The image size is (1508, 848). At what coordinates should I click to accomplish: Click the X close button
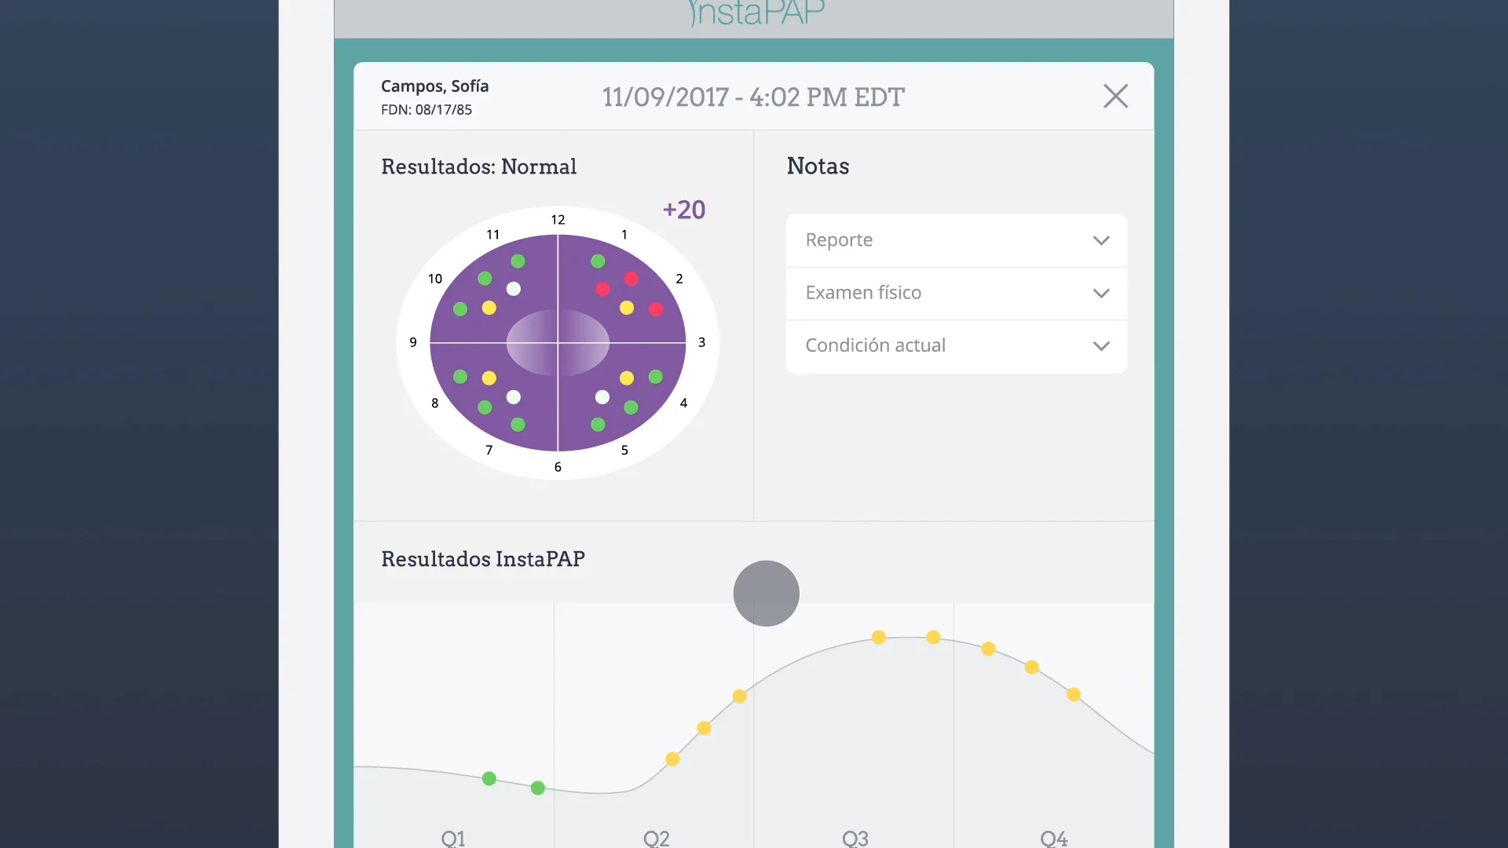1115,97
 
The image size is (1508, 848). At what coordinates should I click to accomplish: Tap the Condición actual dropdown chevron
1101,346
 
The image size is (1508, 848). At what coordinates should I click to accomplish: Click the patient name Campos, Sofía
434,86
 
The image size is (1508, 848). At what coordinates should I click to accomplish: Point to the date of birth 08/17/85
443,110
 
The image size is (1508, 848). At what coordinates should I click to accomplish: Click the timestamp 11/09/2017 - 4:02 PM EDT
753,97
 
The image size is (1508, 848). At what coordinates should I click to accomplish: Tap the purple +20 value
684,210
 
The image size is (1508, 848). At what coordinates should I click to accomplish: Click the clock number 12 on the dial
558,220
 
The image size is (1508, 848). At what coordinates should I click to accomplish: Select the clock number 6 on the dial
558,467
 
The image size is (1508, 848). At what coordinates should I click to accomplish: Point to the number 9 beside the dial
413,342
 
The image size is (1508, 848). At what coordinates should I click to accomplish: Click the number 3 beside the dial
701,342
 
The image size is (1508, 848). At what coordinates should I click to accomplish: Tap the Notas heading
818,166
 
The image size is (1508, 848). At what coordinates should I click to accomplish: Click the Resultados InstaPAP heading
483,559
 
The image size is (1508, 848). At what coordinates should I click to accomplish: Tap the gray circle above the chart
766,594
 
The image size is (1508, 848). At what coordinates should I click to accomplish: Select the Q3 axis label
855,838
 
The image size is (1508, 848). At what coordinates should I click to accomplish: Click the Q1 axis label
453,838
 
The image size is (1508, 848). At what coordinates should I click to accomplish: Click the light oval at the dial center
558,342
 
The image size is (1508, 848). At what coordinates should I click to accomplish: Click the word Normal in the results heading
539,166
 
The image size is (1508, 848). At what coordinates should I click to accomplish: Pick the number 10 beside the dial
435,279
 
